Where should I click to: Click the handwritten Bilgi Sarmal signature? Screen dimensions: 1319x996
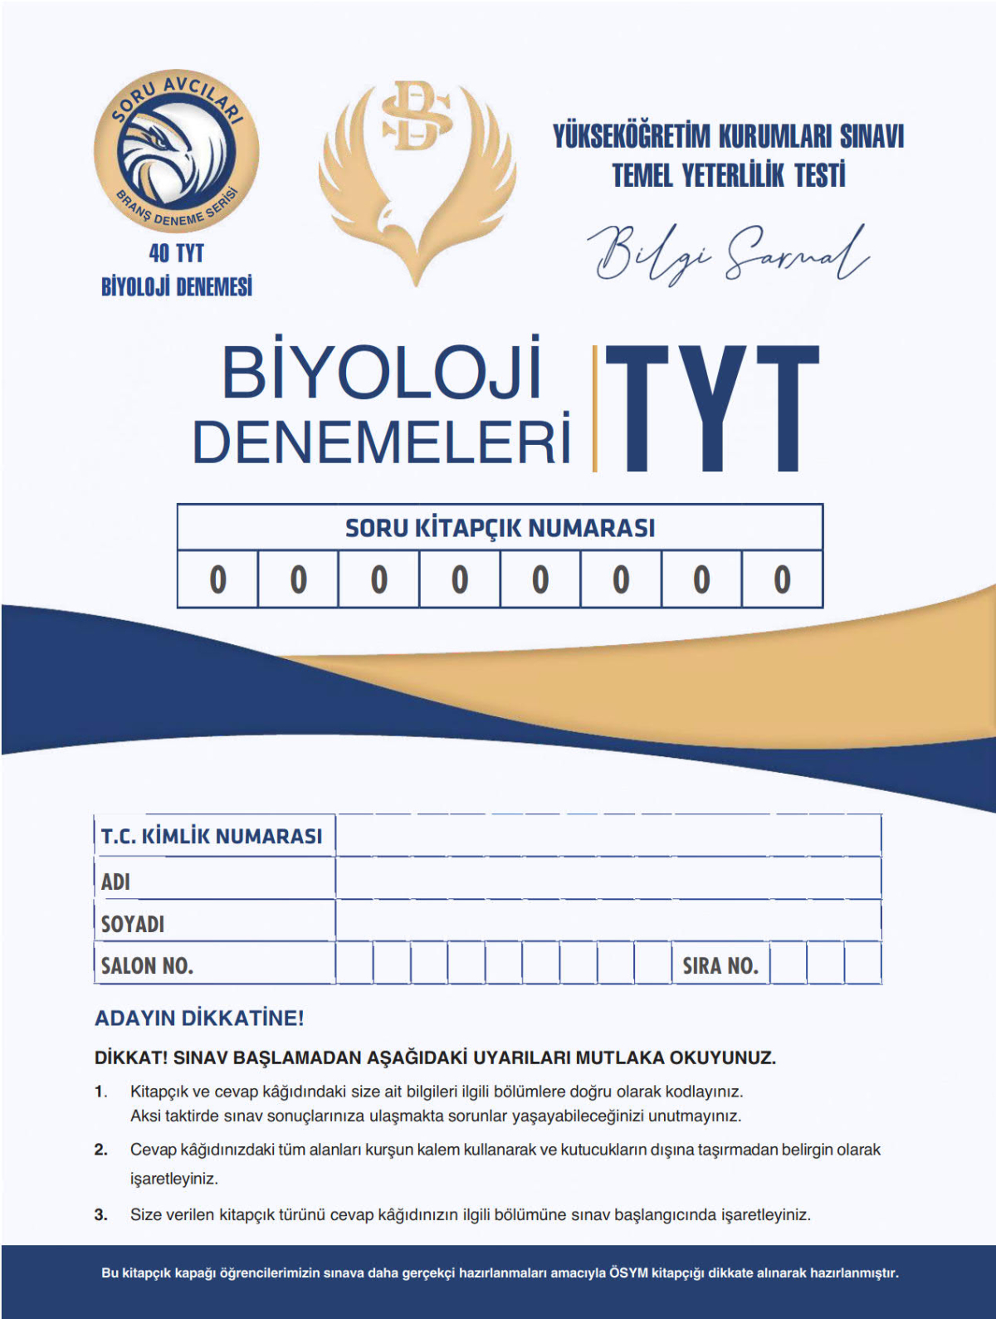tap(728, 252)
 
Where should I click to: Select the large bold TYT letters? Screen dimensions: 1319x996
tap(711, 408)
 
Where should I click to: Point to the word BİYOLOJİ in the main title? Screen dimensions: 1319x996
tap(381, 373)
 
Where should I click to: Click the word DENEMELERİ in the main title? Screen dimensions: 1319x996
tap(382, 441)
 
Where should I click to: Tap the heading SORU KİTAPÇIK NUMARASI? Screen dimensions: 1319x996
tap(500, 528)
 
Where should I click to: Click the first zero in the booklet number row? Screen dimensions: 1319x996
tap(217, 579)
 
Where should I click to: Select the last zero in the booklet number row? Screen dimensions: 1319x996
tap(782, 579)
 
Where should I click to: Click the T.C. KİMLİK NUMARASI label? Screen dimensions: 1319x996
tap(212, 836)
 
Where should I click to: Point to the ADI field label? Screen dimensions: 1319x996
tap(115, 882)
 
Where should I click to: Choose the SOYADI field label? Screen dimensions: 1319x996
tap(133, 924)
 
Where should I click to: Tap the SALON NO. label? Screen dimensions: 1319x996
tap(147, 965)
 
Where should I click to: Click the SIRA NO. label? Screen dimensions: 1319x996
tap(720, 965)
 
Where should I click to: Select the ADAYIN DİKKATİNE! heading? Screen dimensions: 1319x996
tap(199, 1019)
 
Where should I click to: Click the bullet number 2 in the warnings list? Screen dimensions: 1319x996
tap(100, 1150)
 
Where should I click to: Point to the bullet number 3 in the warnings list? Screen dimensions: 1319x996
tap(100, 1215)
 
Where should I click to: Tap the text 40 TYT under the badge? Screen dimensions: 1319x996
tap(176, 252)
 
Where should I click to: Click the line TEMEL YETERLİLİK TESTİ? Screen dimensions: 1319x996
tap(728, 175)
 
